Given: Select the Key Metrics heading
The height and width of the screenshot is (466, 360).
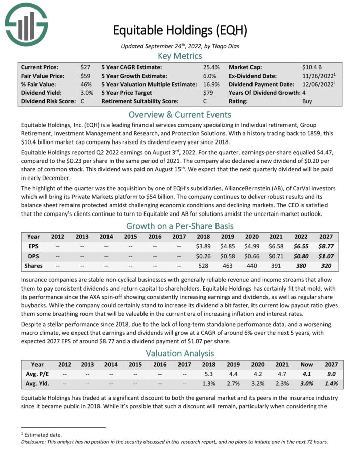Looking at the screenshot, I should (x=179, y=56).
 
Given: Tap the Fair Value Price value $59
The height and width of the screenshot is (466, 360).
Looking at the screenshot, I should (x=86, y=76).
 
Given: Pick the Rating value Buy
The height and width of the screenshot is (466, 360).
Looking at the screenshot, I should (x=307, y=101).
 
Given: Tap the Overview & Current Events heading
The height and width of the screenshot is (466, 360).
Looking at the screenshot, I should (x=179, y=114).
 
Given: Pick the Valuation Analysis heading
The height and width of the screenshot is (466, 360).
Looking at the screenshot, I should (x=179, y=353).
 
